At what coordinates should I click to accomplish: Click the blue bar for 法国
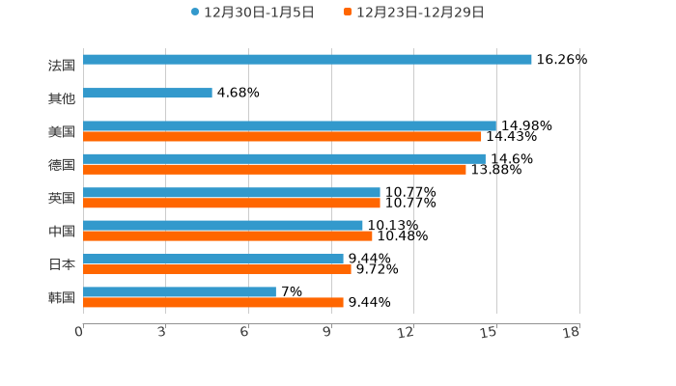point(307,60)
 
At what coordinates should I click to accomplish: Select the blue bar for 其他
point(148,94)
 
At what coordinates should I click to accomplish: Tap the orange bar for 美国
point(282,137)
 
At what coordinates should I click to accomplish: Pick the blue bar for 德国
point(284,158)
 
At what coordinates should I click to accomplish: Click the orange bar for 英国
point(232,204)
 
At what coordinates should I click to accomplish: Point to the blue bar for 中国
point(223,226)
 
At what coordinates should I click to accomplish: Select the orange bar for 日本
point(217,270)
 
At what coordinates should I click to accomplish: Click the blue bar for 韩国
point(180,291)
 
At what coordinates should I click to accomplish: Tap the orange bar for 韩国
point(213,303)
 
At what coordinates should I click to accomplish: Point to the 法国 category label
point(62,66)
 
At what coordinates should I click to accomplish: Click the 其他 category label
point(62,98)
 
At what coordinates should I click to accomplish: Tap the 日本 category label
point(62,264)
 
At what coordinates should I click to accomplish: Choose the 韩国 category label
point(62,297)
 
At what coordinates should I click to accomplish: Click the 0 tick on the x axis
point(80,333)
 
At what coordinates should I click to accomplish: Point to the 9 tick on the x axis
point(328,333)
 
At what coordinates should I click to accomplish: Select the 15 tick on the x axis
point(490,333)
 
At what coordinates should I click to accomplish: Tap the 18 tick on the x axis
point(573,333)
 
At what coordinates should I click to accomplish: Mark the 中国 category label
point(62,232)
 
